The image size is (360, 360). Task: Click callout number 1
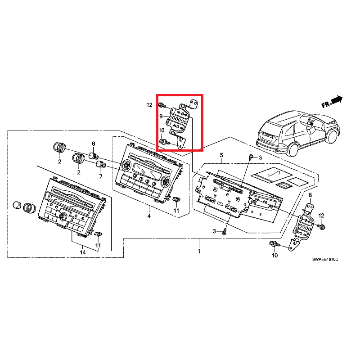point(199,251)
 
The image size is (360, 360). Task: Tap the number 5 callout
point(221,155)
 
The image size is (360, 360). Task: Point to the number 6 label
point(94,144)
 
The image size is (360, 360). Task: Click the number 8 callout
point(310,194)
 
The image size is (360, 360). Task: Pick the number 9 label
point(161,117)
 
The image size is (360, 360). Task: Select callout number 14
point(83,252)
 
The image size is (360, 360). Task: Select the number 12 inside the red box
point(149,105)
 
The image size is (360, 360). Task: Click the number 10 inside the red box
point(161,130)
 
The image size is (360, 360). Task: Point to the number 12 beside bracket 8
point(321,216)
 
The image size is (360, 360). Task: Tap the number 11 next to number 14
point(98,245)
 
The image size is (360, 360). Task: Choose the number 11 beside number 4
point(176,211)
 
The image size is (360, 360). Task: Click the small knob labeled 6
point(93,156)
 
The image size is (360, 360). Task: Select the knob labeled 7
point(100,164)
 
